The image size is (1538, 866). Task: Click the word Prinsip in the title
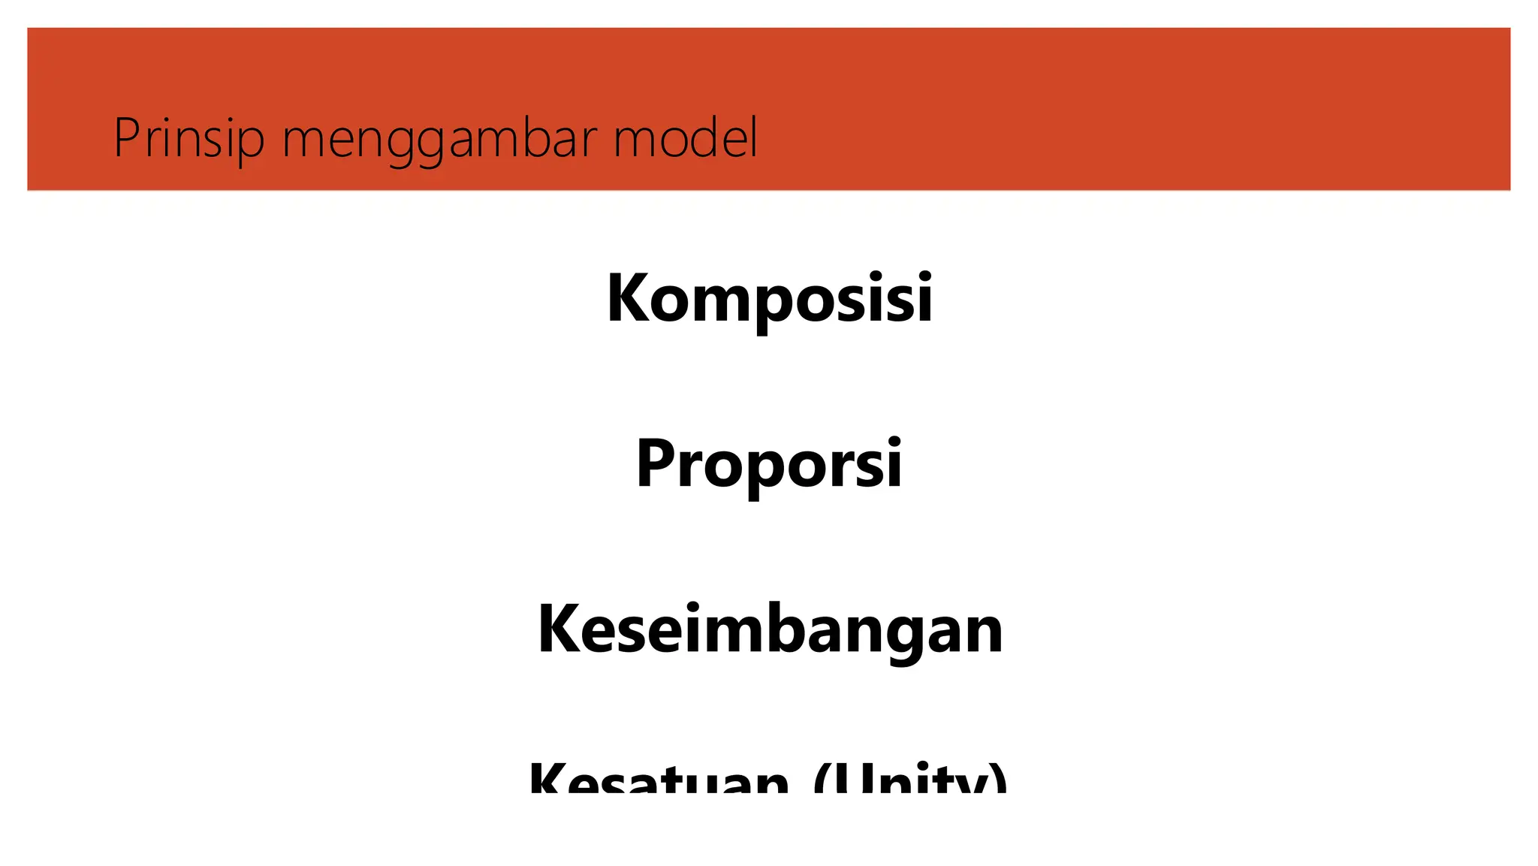(x=188, y=139)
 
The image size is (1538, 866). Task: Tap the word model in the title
(x=685, y=139)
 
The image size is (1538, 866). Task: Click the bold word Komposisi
(x=769, y=299)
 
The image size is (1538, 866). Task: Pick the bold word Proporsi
(x=769, y=464)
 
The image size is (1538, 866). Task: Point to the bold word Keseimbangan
(x=770, y=629)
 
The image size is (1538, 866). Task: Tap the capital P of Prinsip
(x=126, y=139)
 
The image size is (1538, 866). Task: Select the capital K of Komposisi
(x=630, y=299)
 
